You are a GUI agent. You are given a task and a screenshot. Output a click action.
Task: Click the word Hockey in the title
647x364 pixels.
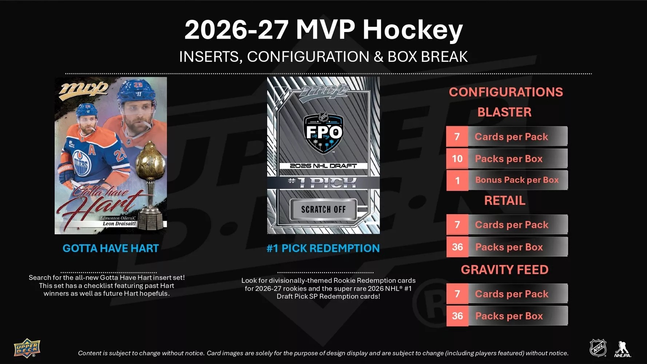tap(413, 30)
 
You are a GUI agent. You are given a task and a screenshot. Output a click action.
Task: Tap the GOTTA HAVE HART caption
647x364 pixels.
tap(111, 248)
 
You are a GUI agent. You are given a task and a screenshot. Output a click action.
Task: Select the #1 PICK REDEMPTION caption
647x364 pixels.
tap(323, 248)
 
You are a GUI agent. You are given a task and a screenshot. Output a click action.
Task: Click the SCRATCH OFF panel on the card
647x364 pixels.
tap(323, 209)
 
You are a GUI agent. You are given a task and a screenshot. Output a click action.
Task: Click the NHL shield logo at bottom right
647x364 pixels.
tap(598, 348)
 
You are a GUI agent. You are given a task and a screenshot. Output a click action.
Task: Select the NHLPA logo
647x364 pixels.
tap(623, 349)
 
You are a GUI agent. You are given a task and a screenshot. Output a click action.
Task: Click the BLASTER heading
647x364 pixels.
tap(504, 112)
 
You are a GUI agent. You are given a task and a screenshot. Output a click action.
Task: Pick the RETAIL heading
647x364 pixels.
tap(505, 201)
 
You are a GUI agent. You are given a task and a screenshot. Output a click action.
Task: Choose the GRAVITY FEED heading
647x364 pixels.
tap(505, 270)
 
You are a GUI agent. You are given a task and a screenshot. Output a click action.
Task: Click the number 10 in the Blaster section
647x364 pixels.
tap(457, 159)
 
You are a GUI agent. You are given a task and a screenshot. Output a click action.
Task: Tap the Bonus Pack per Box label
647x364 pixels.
tap(517, 180)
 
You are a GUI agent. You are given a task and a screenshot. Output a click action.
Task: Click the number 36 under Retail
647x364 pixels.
tap(457, 247)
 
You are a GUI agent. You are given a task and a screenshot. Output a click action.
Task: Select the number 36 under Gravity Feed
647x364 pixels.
tap(457, 316)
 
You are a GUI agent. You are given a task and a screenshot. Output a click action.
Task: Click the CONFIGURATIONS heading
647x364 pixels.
tap(506, 92)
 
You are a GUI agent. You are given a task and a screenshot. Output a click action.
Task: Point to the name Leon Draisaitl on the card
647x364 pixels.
tap(119, 223)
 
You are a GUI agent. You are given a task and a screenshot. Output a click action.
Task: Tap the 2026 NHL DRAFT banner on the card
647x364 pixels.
tap(323, 166)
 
